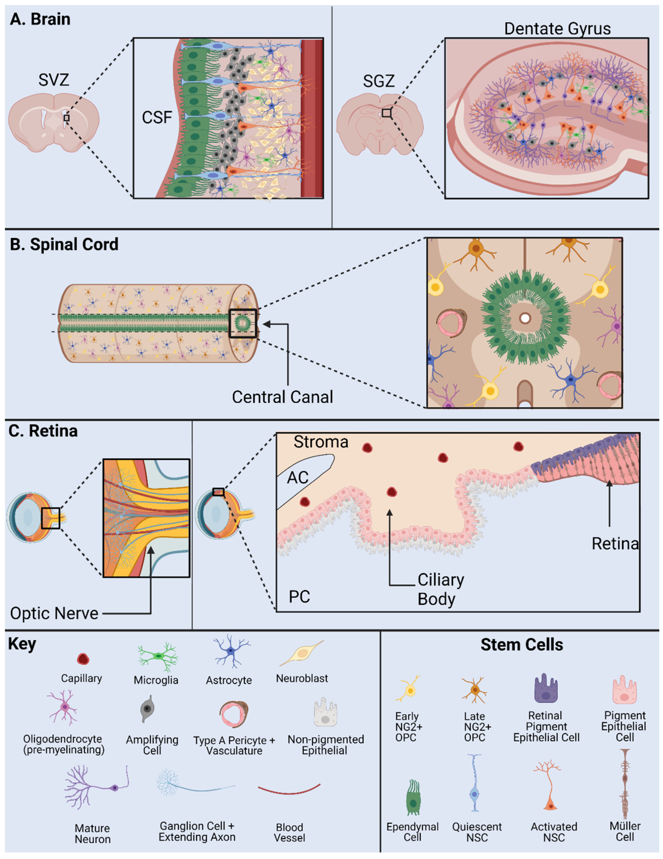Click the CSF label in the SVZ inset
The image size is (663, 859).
pos(157,117)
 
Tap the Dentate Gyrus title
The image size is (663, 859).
pos(557,29)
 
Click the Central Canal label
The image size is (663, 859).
pos(282,397)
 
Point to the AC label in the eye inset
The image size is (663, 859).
pos(298,478)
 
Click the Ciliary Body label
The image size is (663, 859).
pos(440,589)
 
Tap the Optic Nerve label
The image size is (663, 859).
pos(54,613)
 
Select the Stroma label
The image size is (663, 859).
pos(321,442)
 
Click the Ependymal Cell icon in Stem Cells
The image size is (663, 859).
pos(412,797)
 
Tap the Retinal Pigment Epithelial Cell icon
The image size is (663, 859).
pos(546,689)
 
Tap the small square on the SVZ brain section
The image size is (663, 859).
pos(66,118)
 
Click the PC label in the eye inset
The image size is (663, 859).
pos(299,597)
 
